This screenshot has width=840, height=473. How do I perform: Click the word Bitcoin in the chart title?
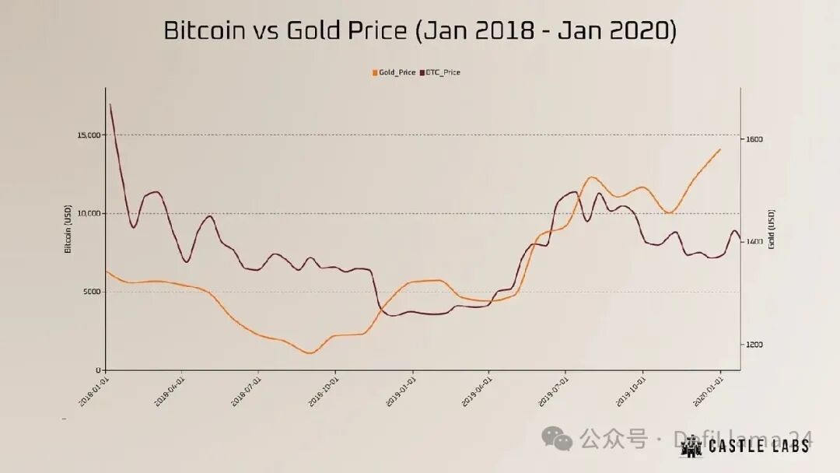pyautogui.click(x=204, y=30)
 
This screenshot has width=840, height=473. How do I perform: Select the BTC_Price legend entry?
pyautogui.click(x=441, y=72)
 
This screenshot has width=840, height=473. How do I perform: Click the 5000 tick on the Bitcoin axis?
pyautogui.click(x=93, y=292)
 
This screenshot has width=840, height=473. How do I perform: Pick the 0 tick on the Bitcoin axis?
pyautogui.click(x=99, y=370)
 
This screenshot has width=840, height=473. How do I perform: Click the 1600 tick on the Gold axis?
pyautogui.click(x=754, y=139)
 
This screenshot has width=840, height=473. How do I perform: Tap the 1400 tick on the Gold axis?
pyautogui.click(x=754, y=242)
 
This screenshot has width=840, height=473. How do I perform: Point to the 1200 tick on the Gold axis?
pyautogui.click(x=754, y=345)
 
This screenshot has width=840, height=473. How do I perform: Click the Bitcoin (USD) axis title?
pyautogui.click(x=68, y=229)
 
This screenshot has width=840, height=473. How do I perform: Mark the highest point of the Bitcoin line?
pyautogui.click(x=110, y=104)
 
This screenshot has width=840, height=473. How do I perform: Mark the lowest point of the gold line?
pyautogui.click(x=310, y=353)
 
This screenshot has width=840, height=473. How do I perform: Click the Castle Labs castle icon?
pyautogui.click(x=691, y=445)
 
